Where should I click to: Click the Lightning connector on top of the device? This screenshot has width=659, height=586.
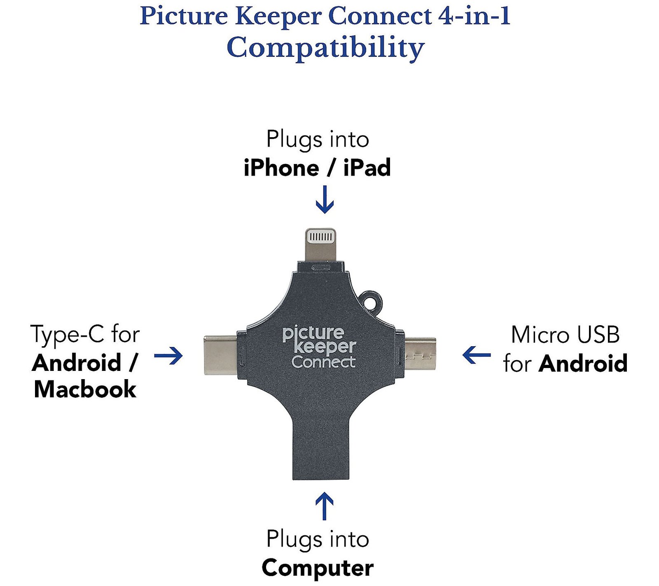pos(321,244)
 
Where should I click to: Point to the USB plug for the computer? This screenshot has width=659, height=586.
pos(321,449)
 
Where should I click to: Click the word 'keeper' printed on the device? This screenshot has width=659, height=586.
pos(325,347)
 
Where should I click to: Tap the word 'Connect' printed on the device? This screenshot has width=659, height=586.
pos(323,362)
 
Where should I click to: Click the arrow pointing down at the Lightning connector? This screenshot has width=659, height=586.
pos(325,199)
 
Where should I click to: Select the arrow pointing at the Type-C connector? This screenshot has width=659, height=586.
pos(168,355)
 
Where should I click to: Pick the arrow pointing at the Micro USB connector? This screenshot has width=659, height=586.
pos(476,355)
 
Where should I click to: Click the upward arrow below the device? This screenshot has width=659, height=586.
pos(325,506)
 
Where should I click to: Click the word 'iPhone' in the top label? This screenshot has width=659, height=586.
pos(281,168)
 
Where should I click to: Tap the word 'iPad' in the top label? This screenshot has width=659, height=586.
pos(367,168)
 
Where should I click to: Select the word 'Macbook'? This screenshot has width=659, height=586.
pos(85,389)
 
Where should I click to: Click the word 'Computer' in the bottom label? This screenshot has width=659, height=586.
pos(318,568)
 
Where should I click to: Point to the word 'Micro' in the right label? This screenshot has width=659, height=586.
pos(540,335)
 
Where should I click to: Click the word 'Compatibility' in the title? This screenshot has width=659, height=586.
pos(325,48)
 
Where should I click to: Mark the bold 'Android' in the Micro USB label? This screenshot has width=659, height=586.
pos(583,363)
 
